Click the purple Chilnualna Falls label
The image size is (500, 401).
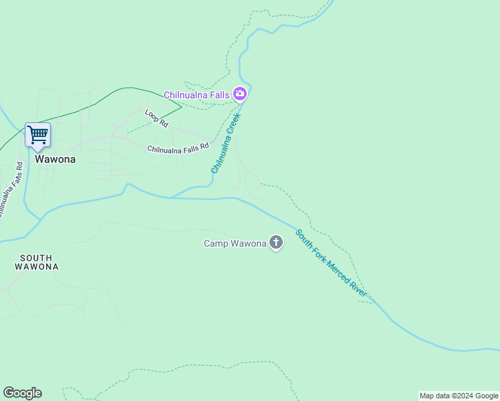(197, 95)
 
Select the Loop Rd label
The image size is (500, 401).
(156, 119)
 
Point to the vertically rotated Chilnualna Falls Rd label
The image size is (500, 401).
(9, 190)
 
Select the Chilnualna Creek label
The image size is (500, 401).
(225, 143)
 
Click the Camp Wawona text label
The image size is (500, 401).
(235, 243)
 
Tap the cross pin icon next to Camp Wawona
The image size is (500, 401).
(275, 243)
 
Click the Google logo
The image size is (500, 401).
(22, 393)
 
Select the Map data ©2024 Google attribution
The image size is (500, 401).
(459, 396)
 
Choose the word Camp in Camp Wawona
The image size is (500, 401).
(216, 243)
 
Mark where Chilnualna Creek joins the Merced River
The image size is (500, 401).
(172, 197)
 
